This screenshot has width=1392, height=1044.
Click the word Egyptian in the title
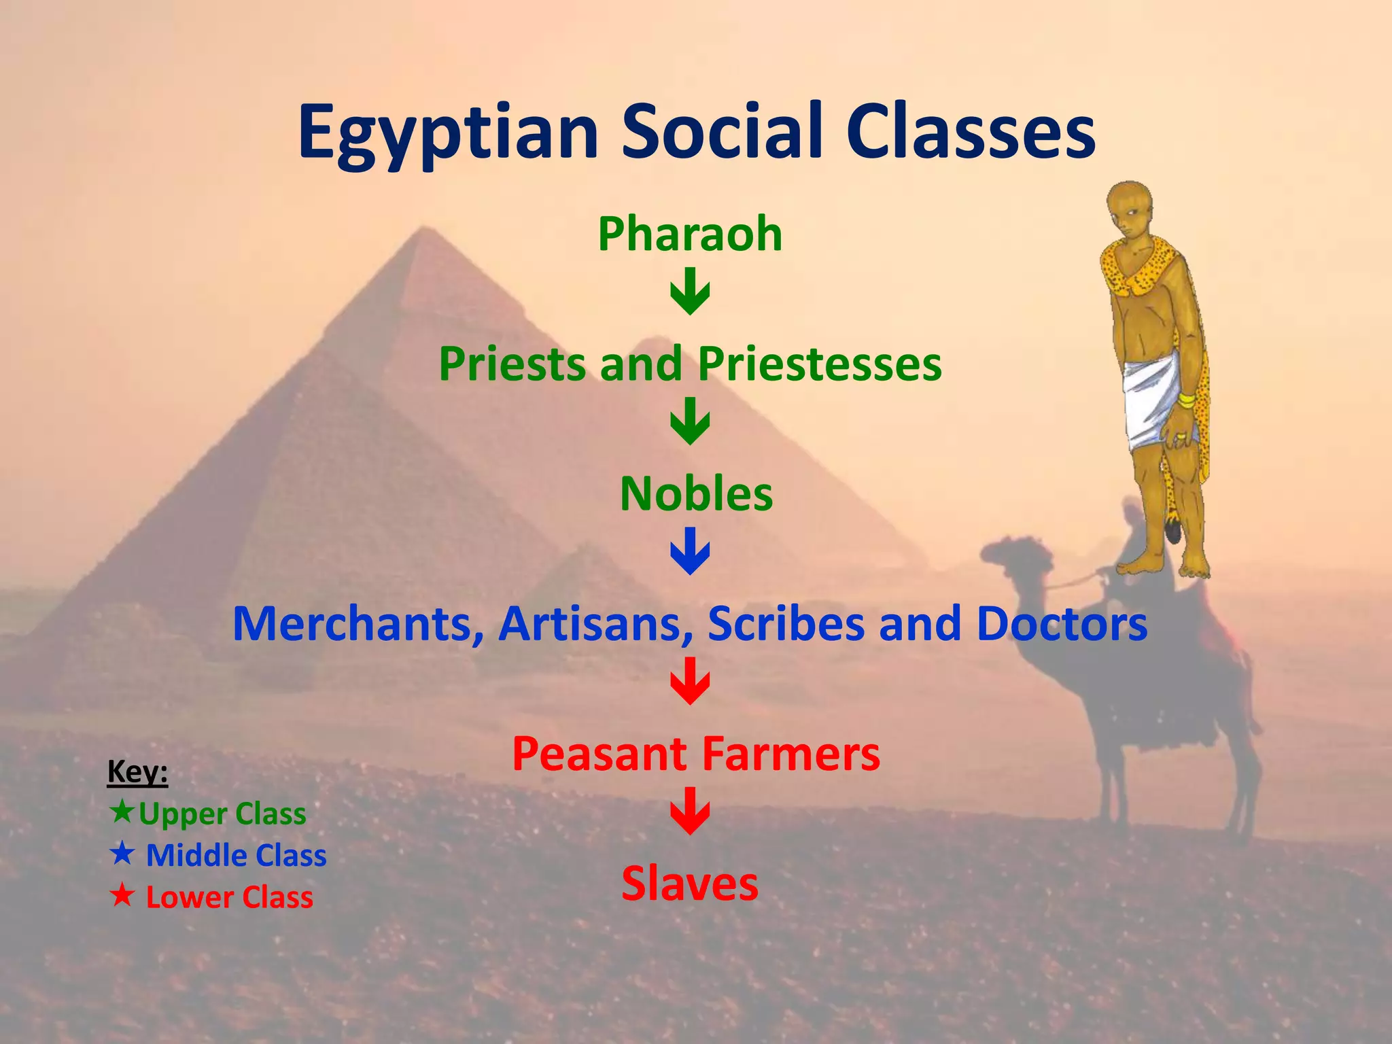click(x=448, y=133)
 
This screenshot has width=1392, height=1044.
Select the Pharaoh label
click(x=690, y=234)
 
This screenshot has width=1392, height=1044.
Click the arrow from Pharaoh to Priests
click(x=690, y=292)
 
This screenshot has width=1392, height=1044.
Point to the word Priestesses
click(x=820, y=364)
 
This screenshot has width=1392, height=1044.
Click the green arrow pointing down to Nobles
click(x=690, y=422)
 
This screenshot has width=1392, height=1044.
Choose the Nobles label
click(x=696, y=493)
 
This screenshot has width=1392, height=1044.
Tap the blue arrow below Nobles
click(x=690, y=551)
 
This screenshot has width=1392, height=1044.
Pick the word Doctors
click(x=1062, y=623)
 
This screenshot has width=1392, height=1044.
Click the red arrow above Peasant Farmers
click(x=690, y=681)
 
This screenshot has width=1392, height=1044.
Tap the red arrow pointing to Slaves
click(x=690, y=811)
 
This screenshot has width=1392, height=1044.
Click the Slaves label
click(x=689, y=884)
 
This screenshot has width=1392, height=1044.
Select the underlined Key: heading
click(x=137, y=772)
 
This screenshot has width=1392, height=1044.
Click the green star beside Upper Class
click(x=122, y=812)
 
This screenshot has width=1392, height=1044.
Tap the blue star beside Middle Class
click(x=122, y=854)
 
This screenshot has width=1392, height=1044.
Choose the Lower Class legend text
click(x=229, y=897)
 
